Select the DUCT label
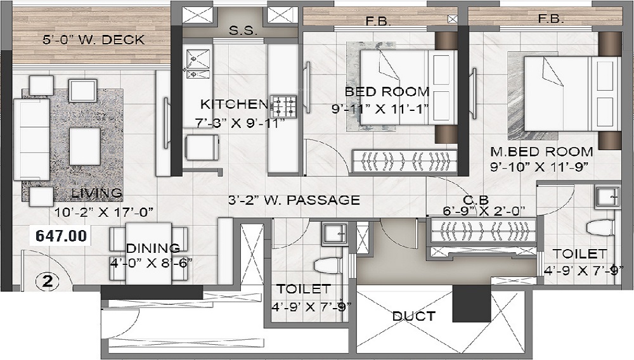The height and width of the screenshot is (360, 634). [x=413, y=316]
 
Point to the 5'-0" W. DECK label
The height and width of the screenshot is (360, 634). [x=93, y=40]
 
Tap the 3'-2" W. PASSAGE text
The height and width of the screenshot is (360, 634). [x=294, y=200]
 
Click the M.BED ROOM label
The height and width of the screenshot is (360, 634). [x=541, y=152]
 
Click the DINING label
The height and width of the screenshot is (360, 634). [x=152, y=248]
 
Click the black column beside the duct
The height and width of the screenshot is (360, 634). [x=469, y=303]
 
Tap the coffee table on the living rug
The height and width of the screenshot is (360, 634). [x=84, y=146]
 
